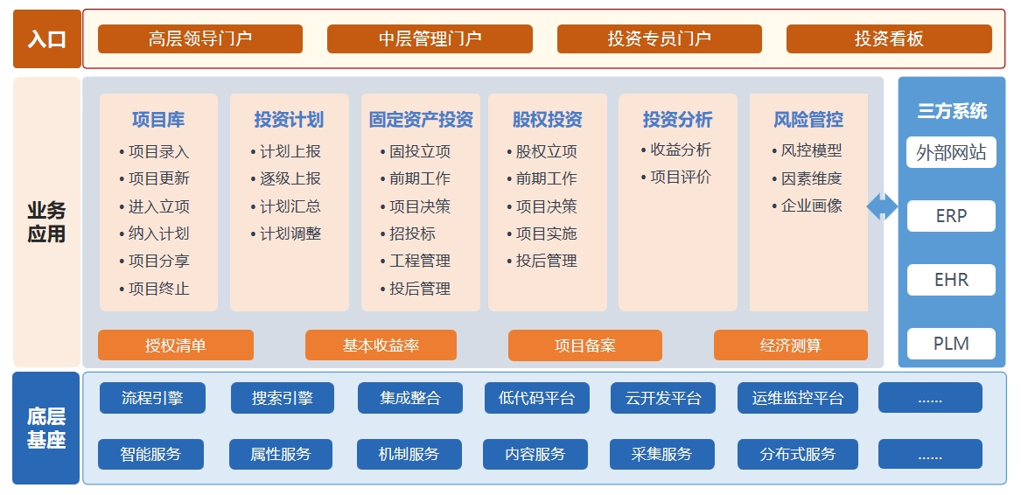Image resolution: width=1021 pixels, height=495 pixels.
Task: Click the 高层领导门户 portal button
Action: pyautogui.click(x=199, y=39)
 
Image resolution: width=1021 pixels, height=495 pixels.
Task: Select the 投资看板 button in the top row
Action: pyautogui.click(x=889, y=39)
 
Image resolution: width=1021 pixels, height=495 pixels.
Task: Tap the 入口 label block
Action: pyautogui.click(x=47, y=39)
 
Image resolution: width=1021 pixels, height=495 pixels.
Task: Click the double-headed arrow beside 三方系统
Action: pyautogui.click(x=882, y=207)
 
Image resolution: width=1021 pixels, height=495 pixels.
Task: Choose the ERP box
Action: pyautogui.click(x=951, y=216)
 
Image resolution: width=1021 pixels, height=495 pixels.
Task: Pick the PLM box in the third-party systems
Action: pyautogui.click(x=951, y=343)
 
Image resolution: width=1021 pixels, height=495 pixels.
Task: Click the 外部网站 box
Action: pyautogui.click(x=951, y=152)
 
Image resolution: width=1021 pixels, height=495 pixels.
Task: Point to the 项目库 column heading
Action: pyautogui.click(x=158, y=120)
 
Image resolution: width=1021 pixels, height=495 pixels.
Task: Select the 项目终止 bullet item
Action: pyautogui.click(x=154, y=289)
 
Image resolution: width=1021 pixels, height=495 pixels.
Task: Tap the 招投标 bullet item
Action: pyautogui.click(x=409, y=234)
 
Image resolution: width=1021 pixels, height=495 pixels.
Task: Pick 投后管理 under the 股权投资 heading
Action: pyautogui.click(x=542, y=261)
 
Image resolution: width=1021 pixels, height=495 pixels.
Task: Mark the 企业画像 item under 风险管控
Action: pyautogui.click(x=808, y=206)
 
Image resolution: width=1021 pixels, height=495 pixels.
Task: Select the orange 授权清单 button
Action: pyautogui.click(x=176, y=345)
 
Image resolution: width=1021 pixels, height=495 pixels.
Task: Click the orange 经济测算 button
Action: pyautogui.click(x=791, y=345)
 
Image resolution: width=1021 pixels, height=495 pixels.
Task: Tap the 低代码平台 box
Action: pyautogui.click(x=536, y=398)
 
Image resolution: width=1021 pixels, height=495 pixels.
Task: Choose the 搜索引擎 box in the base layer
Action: pyautogui.click(x=282, y=398)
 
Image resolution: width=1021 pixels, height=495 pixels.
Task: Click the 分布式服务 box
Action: pyautogui.click(x=798, y=454)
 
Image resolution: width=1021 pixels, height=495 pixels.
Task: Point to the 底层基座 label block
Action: pyautogui.click(x=46, y=428)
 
